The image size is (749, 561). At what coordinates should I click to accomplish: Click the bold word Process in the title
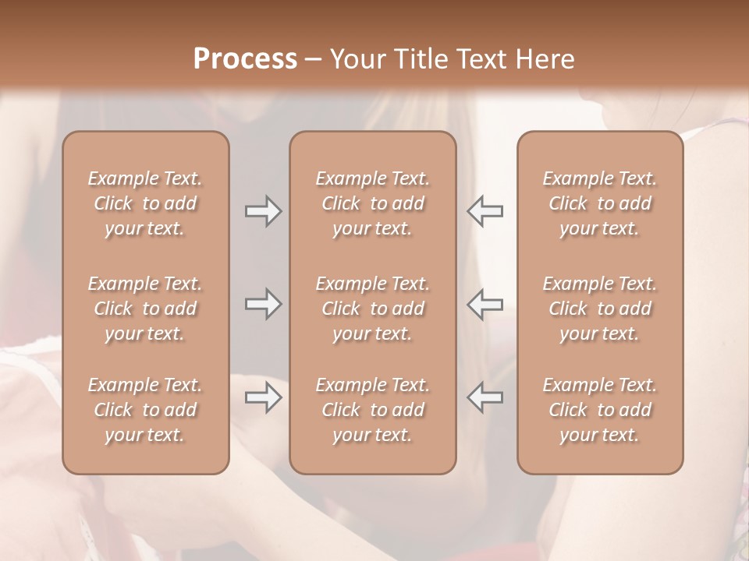tap(245, 59)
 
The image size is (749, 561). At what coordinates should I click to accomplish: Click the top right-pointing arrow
tap(263, 211)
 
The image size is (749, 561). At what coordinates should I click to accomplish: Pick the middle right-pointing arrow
tap(263, 304)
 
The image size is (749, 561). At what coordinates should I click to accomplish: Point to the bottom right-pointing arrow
tap(263, 397)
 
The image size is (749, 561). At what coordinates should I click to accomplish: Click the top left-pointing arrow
tap(485, 211)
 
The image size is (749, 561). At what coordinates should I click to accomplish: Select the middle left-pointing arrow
tap(485, 304)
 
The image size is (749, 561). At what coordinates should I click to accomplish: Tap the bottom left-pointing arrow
tap(485, 397)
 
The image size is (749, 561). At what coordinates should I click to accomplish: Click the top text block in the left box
tap(145, 203)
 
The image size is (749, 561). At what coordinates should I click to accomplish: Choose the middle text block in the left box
tap(145, 309)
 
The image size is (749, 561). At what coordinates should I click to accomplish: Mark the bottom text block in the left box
tap(145, 410)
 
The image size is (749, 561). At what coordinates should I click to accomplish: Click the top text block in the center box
tap(372, 203)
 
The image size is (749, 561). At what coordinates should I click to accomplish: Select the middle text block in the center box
tap(372, 309)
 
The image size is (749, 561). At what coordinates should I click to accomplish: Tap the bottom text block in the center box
tap(372, 410)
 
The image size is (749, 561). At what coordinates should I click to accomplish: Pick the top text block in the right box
tap(599, 203)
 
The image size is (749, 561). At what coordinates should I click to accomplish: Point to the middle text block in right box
tap(599, 309)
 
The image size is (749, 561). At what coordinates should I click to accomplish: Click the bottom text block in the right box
tap(599, 410)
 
